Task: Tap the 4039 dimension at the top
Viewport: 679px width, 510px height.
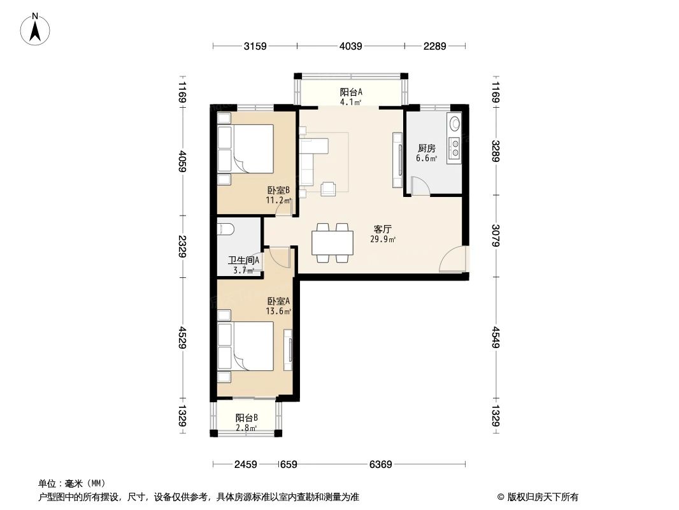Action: (x=350, y=46)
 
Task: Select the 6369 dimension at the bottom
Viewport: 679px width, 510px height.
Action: (x=380, y=465)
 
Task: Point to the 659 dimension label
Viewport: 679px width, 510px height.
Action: (x=289, y=465)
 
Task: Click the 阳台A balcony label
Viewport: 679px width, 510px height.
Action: (x=350, y=92)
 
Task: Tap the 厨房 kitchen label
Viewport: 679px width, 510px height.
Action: (x=427, y=148)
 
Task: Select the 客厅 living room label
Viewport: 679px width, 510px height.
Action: (x=382, y=229)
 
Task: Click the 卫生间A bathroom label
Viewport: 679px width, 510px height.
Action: (x=243, y=260)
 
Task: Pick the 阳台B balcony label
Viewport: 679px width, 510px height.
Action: (x=246, y=418)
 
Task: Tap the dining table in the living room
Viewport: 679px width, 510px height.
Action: (x=332, y=243)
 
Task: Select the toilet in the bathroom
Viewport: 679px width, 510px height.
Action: (x=227, y=229)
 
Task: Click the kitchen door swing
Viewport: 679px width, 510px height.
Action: (x=419, y=186)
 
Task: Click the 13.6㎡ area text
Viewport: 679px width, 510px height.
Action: (x=278, y=312)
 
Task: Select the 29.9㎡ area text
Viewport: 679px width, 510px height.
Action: (x=382, y=240)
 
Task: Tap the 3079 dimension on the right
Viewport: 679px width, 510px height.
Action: (x=496, y=237)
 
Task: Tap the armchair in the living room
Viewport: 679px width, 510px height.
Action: (x=329, y=188)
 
